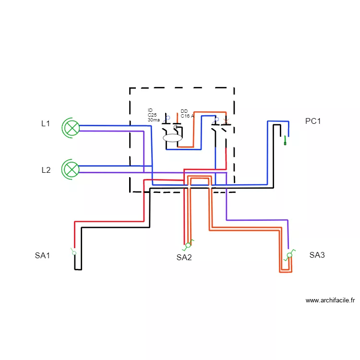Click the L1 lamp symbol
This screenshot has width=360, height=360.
point(72,128)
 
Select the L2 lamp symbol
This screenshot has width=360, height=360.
point(72,169)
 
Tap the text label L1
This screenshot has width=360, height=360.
point(46,123)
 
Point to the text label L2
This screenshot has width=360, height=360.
point(46,170)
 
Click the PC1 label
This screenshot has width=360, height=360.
point(312,121)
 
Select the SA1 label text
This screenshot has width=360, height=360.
point(42,256)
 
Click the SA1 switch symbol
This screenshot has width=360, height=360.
point(74,252)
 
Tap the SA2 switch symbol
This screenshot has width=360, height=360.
point(188,245)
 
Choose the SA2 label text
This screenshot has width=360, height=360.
point(184,258)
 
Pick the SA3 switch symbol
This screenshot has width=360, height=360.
point(289,255)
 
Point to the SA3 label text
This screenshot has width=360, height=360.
point(317,255)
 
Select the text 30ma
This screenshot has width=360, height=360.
point(154,120)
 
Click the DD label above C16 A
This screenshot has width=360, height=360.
point(184,111)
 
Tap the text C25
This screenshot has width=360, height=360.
point(152,115)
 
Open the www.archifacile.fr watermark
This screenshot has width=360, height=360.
point(330,300)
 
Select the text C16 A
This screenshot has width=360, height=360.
point(187,116)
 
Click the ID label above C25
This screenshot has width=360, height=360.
point(150,110)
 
